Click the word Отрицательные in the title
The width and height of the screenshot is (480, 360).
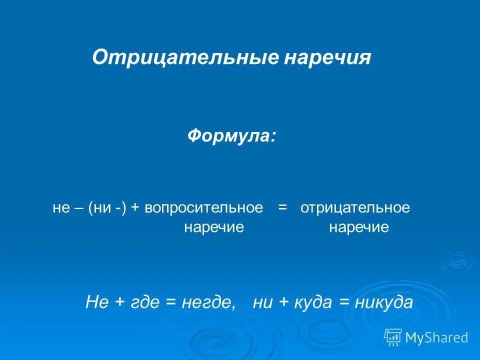pos(184,57)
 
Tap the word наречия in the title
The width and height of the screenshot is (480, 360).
pos(328,57)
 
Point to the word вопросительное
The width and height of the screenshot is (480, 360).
pos(204,208)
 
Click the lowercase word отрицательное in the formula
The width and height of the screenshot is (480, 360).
pos(355,208)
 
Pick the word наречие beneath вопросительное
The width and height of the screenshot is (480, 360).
pos(214,228)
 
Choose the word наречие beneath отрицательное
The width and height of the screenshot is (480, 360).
pos(359,228)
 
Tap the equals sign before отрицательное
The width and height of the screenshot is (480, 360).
pos(282,208)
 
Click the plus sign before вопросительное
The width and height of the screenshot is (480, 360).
pos(135,208)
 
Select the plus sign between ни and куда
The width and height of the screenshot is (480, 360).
pos(283,302)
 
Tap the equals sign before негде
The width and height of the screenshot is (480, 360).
pos(172,302)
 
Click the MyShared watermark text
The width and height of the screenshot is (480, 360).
pos(436,337)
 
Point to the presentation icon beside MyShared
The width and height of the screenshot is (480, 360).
pos(393,337)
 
